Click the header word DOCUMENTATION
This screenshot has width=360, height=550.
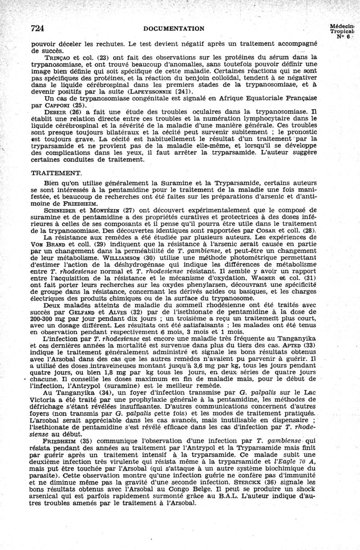(174, 29)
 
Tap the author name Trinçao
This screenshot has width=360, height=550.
(56, 57)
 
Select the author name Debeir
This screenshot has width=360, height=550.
(55, 110)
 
